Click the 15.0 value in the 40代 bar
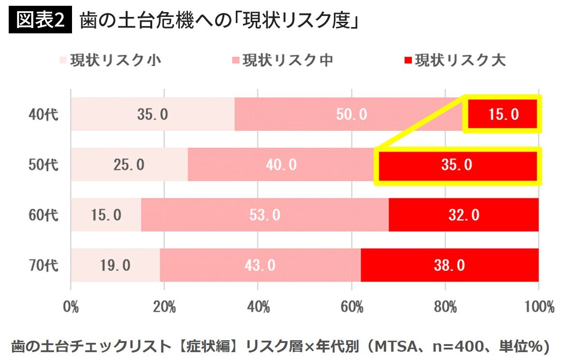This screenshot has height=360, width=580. point(503,114)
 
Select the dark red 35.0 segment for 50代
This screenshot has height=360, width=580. point(457,165)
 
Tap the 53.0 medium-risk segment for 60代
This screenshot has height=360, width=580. point(264,215)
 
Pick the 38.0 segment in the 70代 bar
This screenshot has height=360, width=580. point(449,265)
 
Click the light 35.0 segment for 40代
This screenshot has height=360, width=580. point(152,114)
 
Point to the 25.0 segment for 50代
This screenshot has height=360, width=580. point(129,165)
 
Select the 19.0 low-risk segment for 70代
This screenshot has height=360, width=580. point(116,265)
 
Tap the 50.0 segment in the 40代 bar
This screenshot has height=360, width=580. point(351,114)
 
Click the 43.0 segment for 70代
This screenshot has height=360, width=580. point(260,265)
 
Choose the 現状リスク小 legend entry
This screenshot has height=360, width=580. point(110,60)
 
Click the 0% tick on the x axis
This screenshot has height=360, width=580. point(71,307)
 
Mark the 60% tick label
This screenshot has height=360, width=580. point(351,307)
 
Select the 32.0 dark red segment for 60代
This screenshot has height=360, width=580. point(464,215)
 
